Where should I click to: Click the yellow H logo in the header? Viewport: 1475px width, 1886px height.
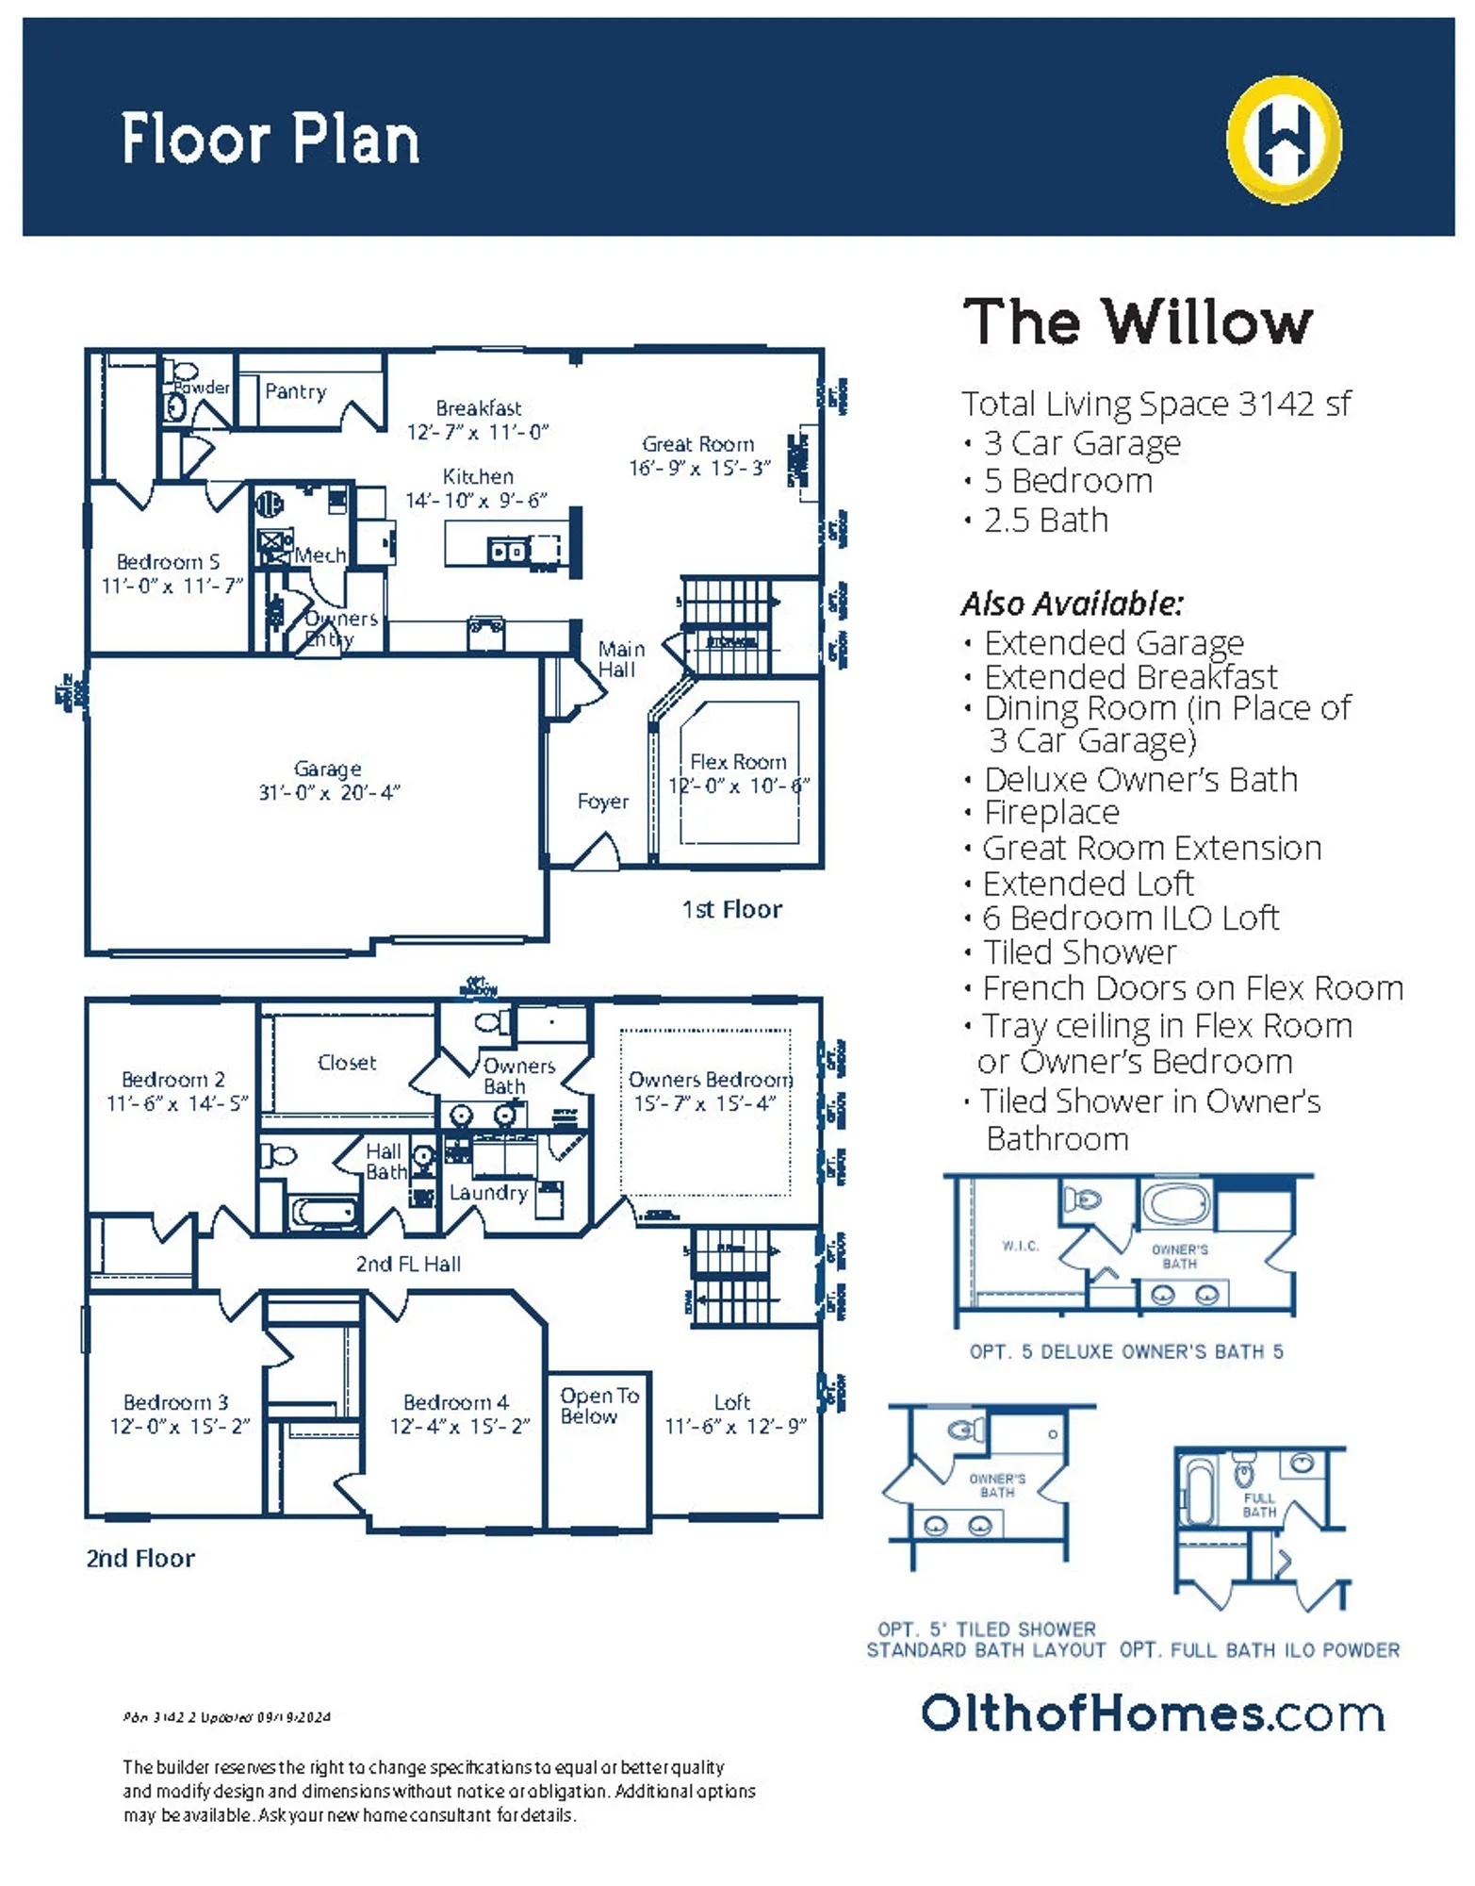[x=1284, y=140]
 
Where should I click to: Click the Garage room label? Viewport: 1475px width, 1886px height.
[x=327, y=769]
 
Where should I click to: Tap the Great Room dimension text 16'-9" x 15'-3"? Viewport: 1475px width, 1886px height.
[x=699, y=468]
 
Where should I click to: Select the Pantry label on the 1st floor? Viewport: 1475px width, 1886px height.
[x=295, y=391]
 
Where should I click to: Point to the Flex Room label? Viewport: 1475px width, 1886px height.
[x=738, y=761]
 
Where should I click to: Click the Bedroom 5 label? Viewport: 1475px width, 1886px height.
[x=168, y=562]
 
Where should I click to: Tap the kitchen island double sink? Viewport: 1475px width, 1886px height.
[x=508, y=551]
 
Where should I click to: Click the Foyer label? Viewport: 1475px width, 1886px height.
[x=602, y=802]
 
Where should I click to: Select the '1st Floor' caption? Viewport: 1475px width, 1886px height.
[x=731, y=909]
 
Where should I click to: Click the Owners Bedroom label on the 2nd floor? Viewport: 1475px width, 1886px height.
[x=710, y=1080]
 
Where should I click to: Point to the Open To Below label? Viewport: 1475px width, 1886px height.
[x=598, y=1405]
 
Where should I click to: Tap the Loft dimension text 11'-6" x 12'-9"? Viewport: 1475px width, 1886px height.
[x=735, y=1426]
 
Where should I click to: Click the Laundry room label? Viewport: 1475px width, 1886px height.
[x=487, y=1193]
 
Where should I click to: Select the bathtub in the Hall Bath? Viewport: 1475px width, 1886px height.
[x=323, y=1213]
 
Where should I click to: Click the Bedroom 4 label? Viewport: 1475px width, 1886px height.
[x=455, y=1402]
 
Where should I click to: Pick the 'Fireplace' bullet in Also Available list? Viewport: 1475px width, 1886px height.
[x=1051, y=812]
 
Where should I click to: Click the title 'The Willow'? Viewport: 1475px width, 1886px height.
[x=1137, y=322]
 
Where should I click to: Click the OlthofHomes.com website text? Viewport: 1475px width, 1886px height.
[x=1152, y=1713]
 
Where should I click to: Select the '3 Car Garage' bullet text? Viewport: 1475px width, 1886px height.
[x=1081, y=442]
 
